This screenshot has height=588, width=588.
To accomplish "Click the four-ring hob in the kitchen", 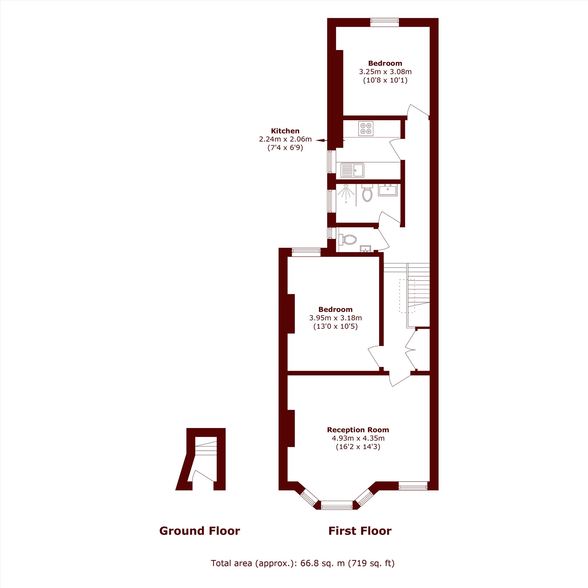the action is click(365, 128).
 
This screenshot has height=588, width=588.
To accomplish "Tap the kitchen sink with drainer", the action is click(352, 170).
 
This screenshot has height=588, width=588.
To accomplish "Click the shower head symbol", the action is click(346, 192).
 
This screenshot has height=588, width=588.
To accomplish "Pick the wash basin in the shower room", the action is click(388, 190).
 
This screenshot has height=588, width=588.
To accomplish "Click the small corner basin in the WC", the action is click(365, 249).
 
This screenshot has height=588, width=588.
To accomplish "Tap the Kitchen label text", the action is click(285, 131).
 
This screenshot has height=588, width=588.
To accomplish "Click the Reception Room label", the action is click(358, 430).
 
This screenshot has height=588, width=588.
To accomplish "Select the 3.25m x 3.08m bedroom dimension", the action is click(385, 72).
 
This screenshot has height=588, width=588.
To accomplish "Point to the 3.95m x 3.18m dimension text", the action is click(335, 318).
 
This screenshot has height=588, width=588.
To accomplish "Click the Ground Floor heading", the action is click(200, 531).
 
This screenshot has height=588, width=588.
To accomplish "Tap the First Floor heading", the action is click(360, 531).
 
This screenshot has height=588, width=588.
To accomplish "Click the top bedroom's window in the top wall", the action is click(385, 20).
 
